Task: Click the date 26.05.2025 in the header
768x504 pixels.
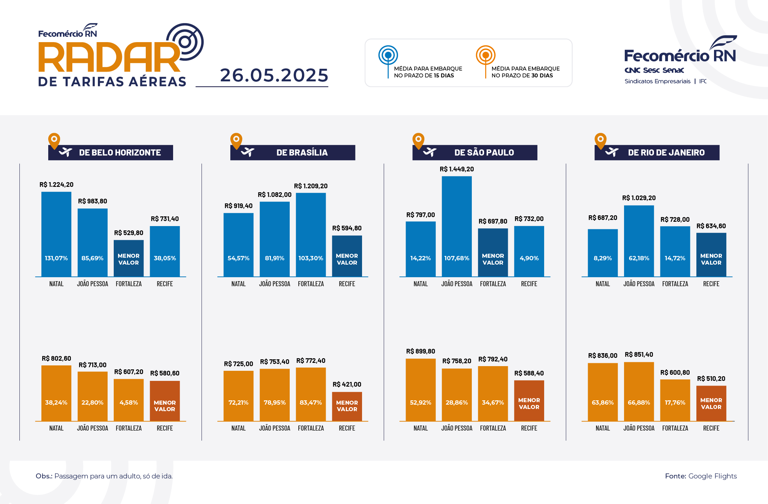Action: pos(274,75)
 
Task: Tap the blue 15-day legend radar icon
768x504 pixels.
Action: pos(388,55)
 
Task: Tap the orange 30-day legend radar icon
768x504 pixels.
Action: pos(485,55)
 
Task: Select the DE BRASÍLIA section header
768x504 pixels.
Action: pos(302,153)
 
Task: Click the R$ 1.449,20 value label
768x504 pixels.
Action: pos(456,169)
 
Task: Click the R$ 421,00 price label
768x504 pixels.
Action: pos(347,384)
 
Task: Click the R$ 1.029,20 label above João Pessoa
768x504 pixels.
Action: pos(638,198)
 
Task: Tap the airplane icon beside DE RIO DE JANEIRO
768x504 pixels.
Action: pos(611,152)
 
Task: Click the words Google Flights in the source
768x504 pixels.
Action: pos(712,476)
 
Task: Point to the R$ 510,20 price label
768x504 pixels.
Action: pos(711,379)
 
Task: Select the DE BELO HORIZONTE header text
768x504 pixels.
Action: pos(120,153)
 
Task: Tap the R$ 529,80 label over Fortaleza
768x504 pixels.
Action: pos(128,233)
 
